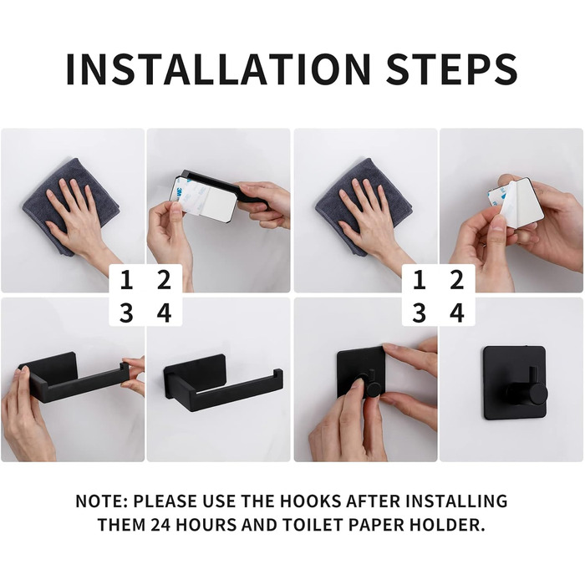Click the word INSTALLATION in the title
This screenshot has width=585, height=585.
[218, 69]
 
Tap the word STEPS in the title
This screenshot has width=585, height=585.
[452, 69]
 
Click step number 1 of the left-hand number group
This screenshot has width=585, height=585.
[126, 280]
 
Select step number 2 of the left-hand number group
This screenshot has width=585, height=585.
[164, 280]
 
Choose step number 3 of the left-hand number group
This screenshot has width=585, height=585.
[126, 313]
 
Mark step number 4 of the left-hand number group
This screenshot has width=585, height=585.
[164, 313]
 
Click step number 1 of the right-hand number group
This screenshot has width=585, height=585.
[420, 280]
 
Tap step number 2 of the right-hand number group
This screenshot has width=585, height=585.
[456, 280]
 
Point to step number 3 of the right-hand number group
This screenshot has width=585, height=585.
[420, 313]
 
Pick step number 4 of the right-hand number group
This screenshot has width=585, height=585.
[457, 313]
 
